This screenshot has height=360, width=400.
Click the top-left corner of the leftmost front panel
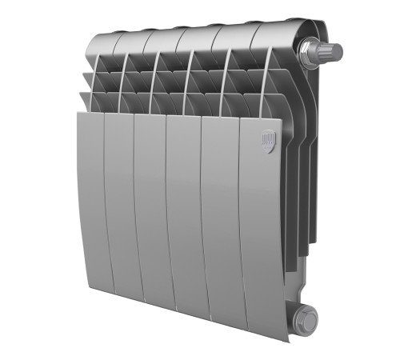pyautogui.click(x=78, y=113)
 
